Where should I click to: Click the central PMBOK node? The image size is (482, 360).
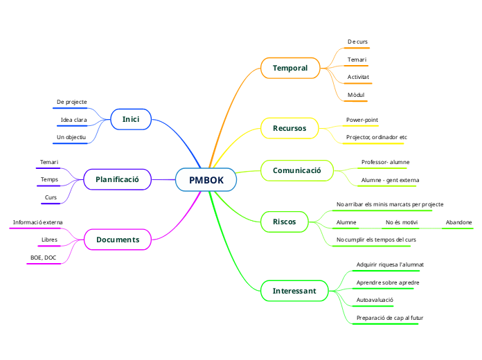coord(206,180)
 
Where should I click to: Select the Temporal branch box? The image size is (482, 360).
coord(289,68)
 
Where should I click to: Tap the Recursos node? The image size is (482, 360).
coord(289,128)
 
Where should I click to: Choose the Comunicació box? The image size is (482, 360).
coord(296,170)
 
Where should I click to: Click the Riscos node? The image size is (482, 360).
coord(285,222)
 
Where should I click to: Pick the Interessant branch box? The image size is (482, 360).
coord(294,291)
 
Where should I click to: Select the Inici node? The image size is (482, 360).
coord(131,120)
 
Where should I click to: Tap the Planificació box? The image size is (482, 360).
coord(117,179)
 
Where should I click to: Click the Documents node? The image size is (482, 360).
coord(118,240)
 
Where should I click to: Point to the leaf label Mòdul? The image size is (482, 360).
coord(356,93)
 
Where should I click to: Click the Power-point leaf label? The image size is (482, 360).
coord(362,120)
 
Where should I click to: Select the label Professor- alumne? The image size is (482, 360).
coord(385,162)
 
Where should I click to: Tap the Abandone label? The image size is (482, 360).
coord(458,222)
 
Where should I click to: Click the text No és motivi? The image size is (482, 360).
coord(401,222)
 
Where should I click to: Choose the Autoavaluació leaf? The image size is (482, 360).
coord(375,300)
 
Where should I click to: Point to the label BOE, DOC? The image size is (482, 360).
coord(43,258)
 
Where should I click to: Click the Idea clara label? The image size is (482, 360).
coord(73,120)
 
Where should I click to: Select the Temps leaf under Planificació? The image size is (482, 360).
coord(49,179)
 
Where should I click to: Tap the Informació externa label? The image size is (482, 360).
coord(37,222)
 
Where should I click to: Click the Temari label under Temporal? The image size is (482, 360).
coord(357,60)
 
